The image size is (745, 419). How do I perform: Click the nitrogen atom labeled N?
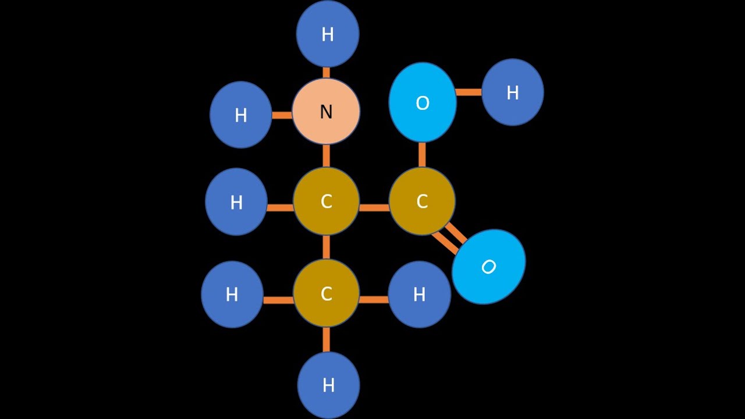click(326, 111)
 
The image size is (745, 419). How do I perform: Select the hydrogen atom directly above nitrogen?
click(328, 34)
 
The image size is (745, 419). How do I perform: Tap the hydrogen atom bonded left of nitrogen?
click(241, 115)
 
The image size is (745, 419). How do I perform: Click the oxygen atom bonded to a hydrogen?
click(423, 102)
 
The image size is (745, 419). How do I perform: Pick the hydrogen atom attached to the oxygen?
click(513, 92)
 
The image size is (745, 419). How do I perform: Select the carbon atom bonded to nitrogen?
click(327, 201)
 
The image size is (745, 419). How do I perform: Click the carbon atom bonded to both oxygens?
click(422, 201)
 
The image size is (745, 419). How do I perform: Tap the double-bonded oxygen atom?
click(488, 267)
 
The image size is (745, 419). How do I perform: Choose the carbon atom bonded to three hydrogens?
click(327, 293)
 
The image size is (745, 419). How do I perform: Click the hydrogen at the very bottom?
click(329, 385)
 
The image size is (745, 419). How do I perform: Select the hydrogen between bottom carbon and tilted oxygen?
click(420, 294)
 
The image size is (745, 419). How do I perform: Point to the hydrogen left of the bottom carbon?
click(232, 294)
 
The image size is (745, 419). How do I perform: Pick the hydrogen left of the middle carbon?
click(236, 202)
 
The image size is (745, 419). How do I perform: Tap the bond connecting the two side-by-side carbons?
click(374, 208)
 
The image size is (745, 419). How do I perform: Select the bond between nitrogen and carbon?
click(327, 155)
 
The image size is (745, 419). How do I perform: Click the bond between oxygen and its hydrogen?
click(469, 92)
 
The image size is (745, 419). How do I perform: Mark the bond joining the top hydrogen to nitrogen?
click(327, 73)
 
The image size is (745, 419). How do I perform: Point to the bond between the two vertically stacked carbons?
click(327, 247)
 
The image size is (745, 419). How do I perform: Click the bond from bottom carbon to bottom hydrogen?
click(327, 339)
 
